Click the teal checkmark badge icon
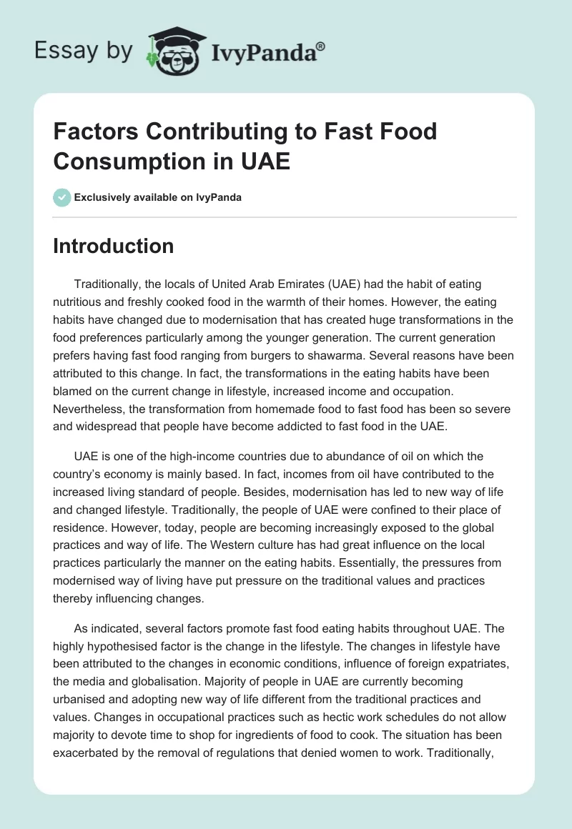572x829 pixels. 62,197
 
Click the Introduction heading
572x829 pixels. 114,246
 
